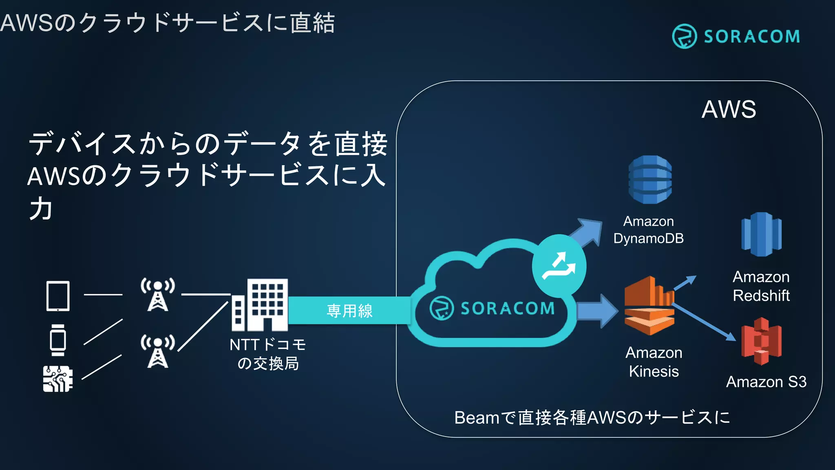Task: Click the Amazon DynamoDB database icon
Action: (x=650, y=180)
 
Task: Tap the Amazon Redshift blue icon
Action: (x=761, y=234)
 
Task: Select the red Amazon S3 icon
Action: (x=761, y=341)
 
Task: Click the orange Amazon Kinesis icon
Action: (x=649, y=306)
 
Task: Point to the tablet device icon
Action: (x=58, y=296)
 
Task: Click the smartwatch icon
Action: (x=58, y=340)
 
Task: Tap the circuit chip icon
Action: (x=58, y=379)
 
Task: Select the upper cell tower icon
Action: (x=158, y=294)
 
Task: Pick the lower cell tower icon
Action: (x=158, y=351)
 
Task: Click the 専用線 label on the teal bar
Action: (x=349, y=311)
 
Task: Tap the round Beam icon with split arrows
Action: (x=559, y=266)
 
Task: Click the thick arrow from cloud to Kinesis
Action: (x=597, y=311)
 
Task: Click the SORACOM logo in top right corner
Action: (x=736, y=36)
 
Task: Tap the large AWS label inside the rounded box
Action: (x=729, y=109)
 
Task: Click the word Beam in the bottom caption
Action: (x=476, y=418)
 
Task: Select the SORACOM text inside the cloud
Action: (x=507, y=308)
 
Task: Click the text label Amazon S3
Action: (x=766, y=382)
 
